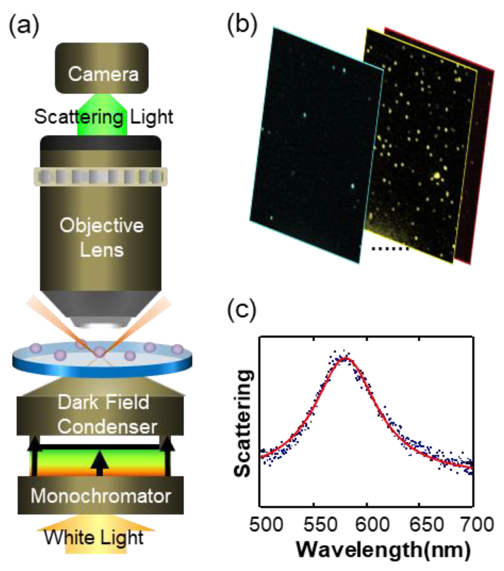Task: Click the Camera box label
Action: [103, 74]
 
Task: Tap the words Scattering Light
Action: [104, 117]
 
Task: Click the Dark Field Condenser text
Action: [104, 414]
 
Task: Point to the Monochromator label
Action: [101, 496]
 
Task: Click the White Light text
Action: [94, 537]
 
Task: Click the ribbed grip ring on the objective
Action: [101, 176]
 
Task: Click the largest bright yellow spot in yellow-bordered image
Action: [436, 175]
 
